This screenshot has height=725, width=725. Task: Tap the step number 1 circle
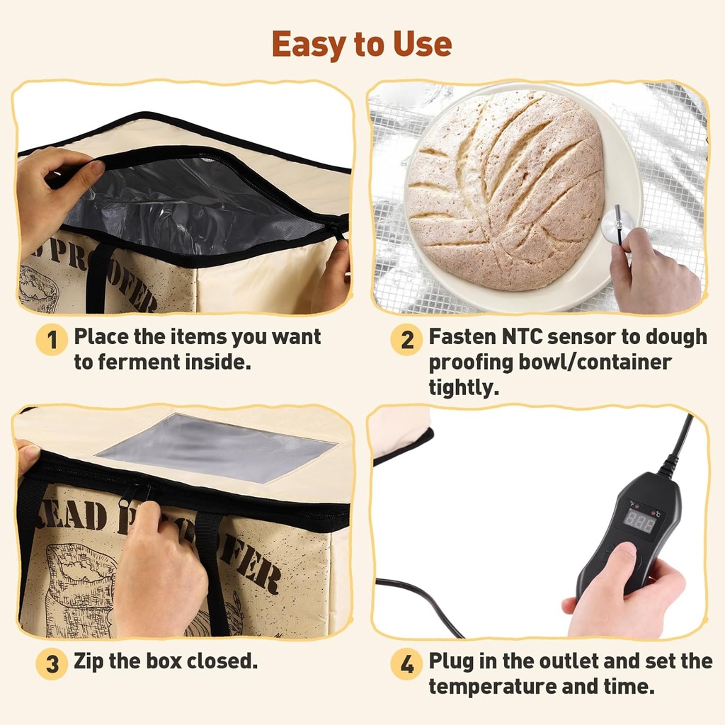pyautogui.click(x=52, y=340)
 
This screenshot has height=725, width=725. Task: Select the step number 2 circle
pyautogui.click(x=407, y=340)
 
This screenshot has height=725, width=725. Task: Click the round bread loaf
pyautogui.click(x=505, y=190)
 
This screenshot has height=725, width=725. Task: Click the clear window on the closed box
pyautogui.click(x=215, y=447)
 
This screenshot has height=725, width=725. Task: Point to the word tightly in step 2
pyautogui.click(x=464, y=388)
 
